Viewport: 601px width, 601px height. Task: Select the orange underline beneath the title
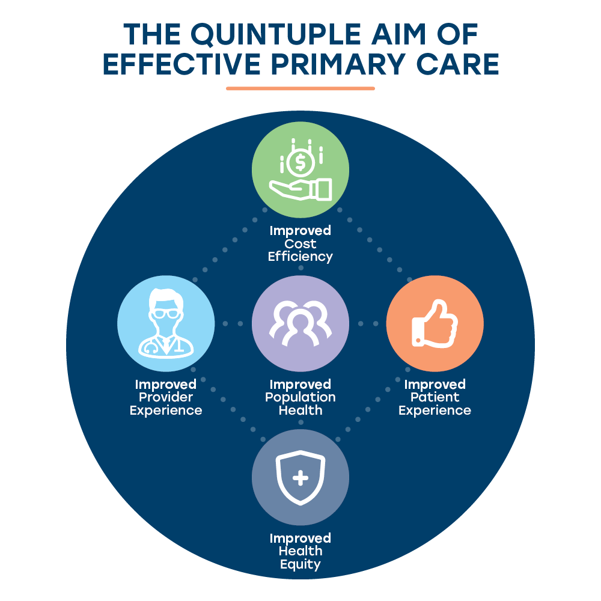pyautogui.click(x=300, y=88)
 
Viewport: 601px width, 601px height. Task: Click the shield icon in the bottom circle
pyautogui.click(x=300, y=478)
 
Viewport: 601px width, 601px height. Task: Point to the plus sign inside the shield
pyautogui.click(x=300, y=478)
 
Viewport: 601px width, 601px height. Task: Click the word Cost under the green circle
pyautogui.click(x=300, y=244)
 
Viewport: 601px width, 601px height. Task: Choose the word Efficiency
pyautogui.click(x=300, y=257)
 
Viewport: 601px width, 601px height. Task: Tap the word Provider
pyautogui.click(x=166, y=398)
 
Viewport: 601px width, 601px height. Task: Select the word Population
pyautogui.click(x=300, y=398)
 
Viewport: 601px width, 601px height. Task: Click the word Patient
pyautogui.click(x=435, y=398)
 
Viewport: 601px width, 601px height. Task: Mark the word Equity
pyautogui.click(x=300, y=565)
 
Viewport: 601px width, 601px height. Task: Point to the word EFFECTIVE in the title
pyautogui.click(x=180, y=64)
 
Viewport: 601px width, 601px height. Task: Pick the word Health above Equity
pyautogui.click(x=300, y=551)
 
